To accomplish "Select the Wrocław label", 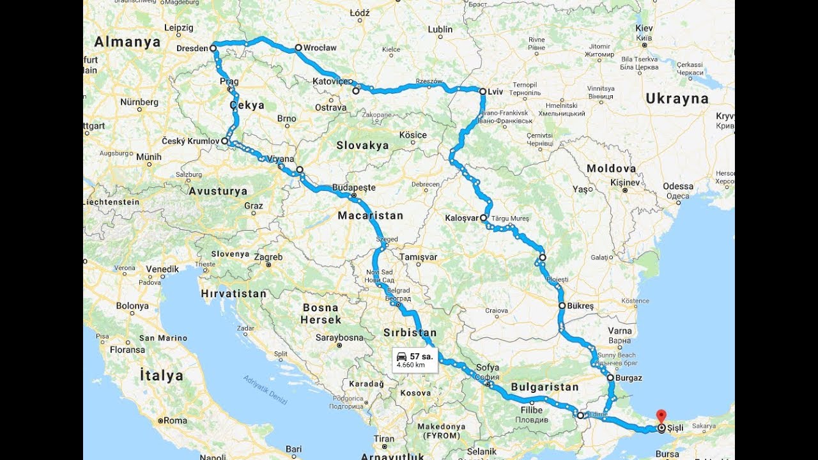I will pos(320,48).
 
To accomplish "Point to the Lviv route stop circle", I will pos(483,92).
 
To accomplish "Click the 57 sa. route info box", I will pos(414,360).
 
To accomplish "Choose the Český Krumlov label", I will pos(190,141).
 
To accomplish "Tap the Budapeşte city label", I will pos(353,188).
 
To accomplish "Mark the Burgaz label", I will pos(629,378).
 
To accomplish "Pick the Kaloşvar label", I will pos(461,218).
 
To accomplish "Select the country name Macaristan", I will pos(371,215).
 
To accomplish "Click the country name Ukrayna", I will pos(677,98).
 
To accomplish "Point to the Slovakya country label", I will pos(362,145).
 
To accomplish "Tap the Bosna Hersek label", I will pos(321,313).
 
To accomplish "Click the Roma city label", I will pos(175,420).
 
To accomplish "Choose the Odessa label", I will pos(678,187).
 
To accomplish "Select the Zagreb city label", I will pos(269,257).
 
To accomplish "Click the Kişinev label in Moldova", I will pos(624,182).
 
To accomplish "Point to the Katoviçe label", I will pos(331,82).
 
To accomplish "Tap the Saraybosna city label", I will pos(340,337).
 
